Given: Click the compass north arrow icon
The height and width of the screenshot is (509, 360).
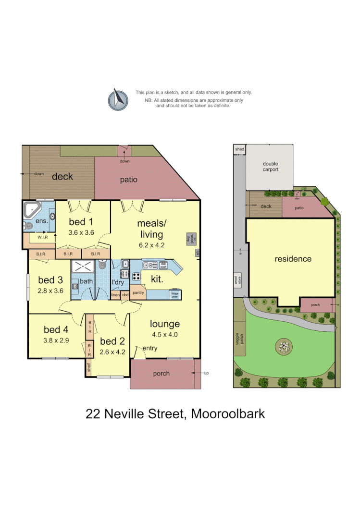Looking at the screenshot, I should pos(118,99).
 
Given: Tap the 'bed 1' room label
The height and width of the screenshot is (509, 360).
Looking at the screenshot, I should pos(81,222).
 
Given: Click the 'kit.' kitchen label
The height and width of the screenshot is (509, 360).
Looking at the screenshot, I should pos(157,279).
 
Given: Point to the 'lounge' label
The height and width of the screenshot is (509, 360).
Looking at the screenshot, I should pos(164,324).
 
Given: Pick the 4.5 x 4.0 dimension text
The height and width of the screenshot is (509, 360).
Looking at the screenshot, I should pos(164,335).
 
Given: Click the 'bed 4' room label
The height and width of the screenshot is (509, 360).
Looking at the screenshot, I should pos(56,329).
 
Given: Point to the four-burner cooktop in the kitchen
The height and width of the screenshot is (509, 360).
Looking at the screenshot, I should pos(136,277).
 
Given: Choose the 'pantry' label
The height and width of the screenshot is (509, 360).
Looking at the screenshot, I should pos(138,292).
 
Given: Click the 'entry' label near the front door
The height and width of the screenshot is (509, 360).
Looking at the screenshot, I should pos(149,348).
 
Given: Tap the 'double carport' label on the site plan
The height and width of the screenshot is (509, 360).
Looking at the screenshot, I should pos(270,167).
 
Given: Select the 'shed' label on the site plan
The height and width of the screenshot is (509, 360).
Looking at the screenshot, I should pos(239,149).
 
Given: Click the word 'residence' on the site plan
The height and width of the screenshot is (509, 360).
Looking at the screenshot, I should pos(293,259).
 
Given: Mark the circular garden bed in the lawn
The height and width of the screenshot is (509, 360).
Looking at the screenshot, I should pos(284,346).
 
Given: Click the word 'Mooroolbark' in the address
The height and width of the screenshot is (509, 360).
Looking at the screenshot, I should pos(228,413).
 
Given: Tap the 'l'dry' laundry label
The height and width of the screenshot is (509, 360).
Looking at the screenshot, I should pos(118,282).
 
